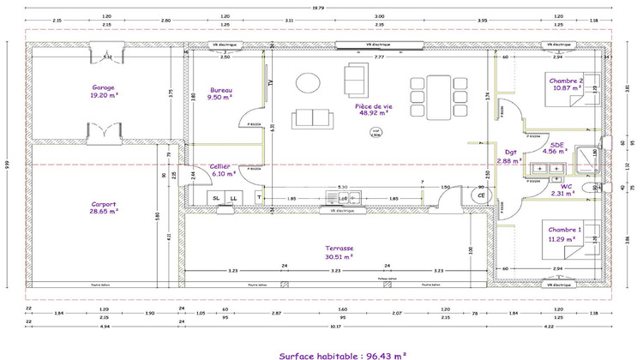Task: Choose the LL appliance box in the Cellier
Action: [x=233, y=199]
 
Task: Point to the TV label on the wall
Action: [x=270, y=83]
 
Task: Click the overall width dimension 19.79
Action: [x=318, y=8]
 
